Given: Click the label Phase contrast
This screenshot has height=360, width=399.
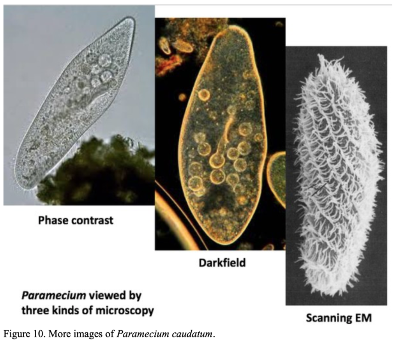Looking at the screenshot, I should [x=76, y=220].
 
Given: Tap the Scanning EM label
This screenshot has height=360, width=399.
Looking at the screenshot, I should [x=338, y=318].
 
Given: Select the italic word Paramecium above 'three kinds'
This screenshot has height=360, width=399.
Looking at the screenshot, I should [x=53, y=295].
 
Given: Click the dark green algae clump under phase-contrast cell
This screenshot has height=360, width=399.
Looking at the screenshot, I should [x=97, y=168].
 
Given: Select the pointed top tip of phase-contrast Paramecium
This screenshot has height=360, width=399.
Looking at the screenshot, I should [x=132, y=20].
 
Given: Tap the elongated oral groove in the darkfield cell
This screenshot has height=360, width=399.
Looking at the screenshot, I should [x=225, y=137].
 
